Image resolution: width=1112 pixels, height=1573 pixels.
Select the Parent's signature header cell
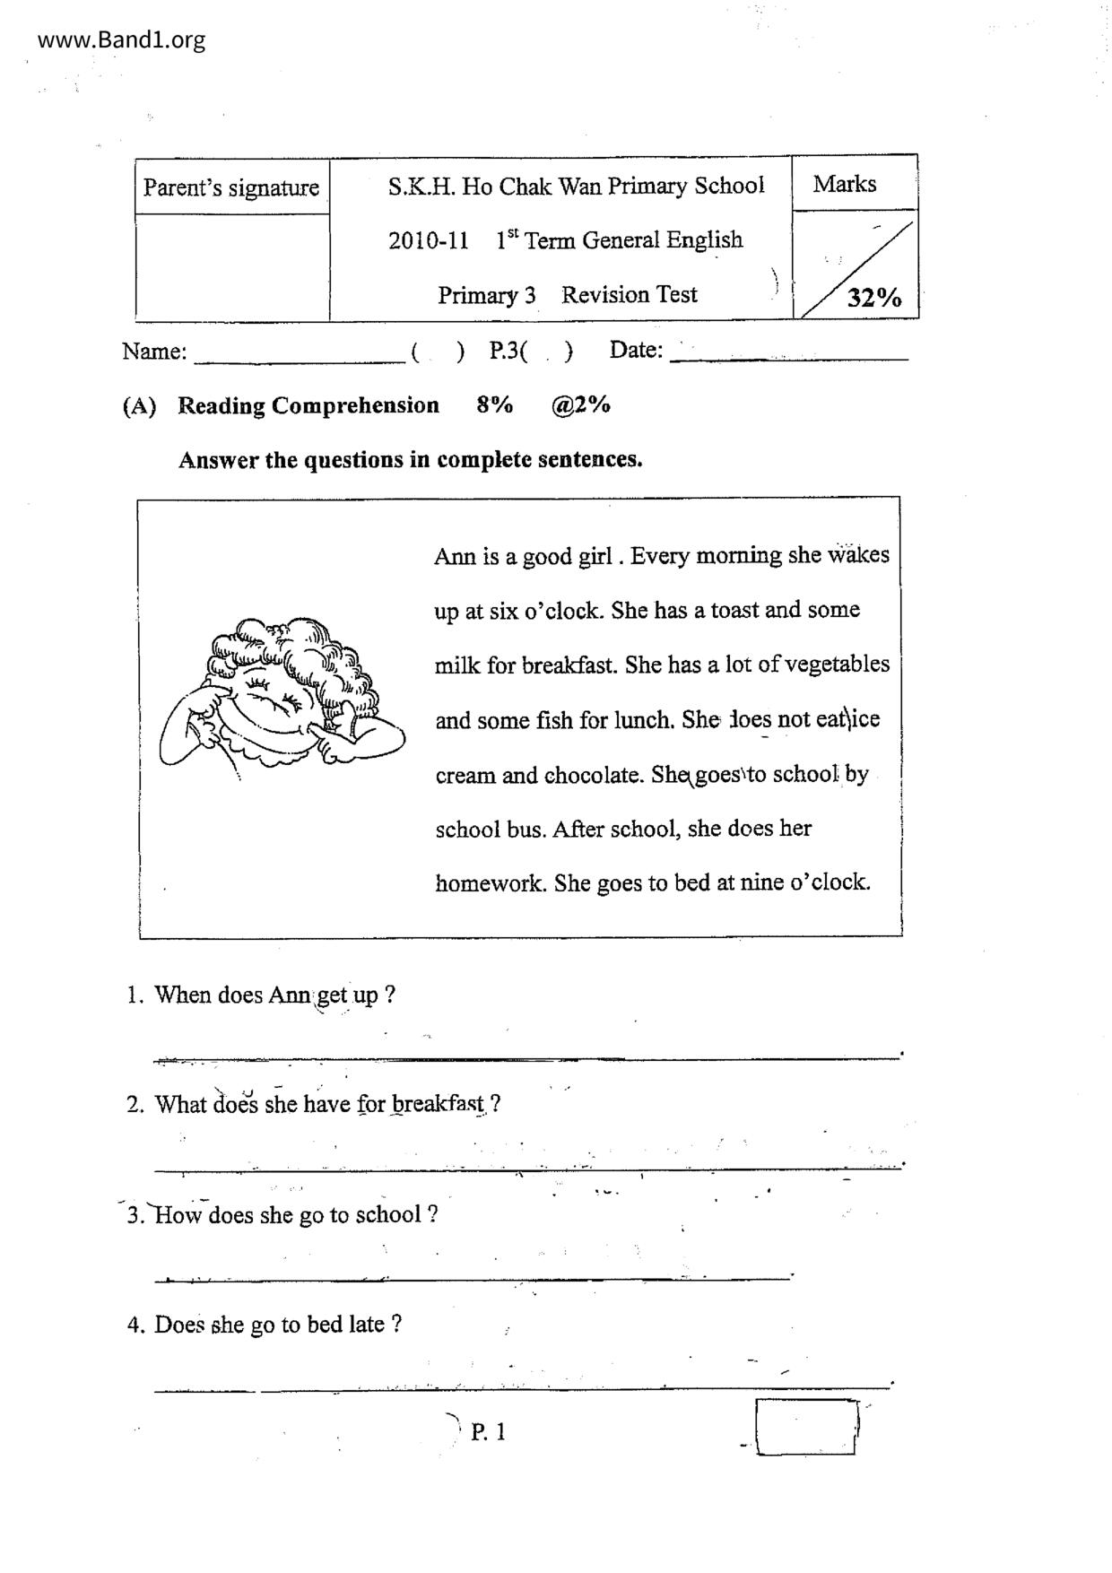231,187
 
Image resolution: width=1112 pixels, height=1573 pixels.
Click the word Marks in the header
844,184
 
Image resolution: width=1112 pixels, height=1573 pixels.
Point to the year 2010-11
428,240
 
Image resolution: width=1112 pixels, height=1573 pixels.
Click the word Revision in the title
604,295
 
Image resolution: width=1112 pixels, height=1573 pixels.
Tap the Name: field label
154,352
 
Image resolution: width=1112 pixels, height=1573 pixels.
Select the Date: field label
636,350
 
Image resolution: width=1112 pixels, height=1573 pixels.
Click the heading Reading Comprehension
308,405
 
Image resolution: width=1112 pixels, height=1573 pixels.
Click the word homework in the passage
490,883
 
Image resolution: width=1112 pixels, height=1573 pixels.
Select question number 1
135,995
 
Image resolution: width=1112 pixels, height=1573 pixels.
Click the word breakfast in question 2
439,1104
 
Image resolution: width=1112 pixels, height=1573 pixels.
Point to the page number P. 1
488,1431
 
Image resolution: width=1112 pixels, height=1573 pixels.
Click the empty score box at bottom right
804,1426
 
